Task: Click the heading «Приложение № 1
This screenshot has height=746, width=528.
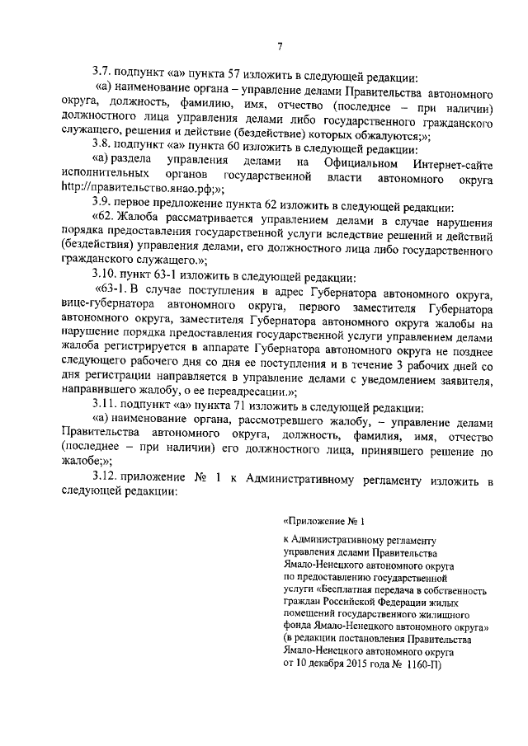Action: click(323, 520)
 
